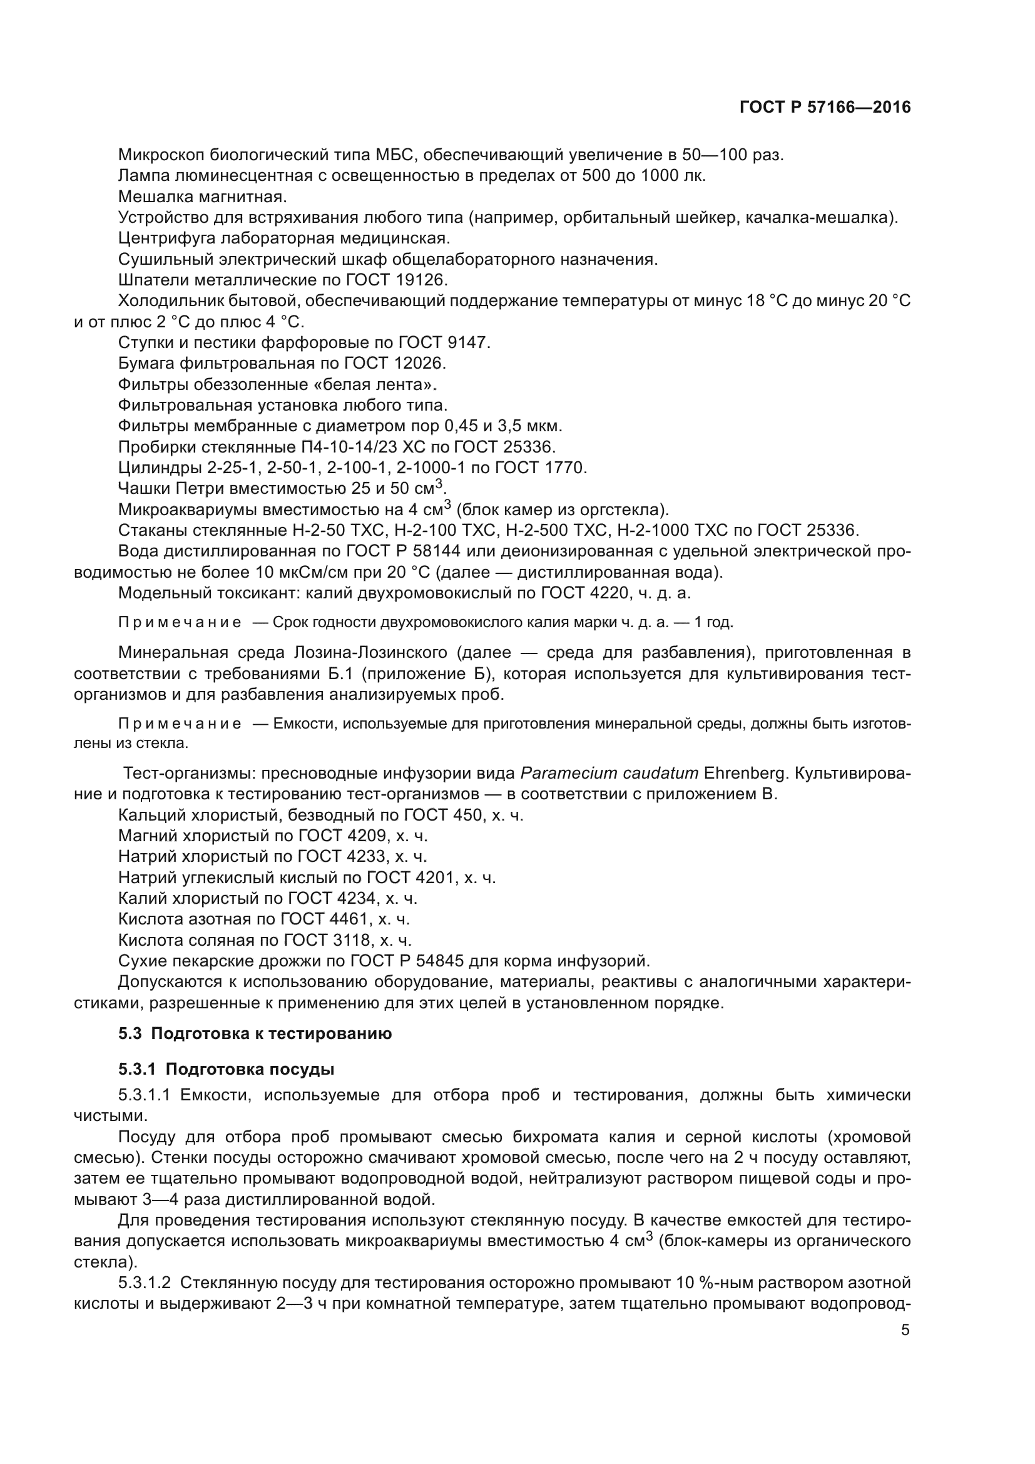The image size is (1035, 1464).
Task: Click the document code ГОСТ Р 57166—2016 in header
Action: pyautogui.click(x=825, y=107)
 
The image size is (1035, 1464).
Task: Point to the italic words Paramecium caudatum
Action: pyautogui.click(x=609, y=774)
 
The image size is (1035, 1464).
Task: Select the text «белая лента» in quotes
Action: pyautogui.click(x=386, y=384)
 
